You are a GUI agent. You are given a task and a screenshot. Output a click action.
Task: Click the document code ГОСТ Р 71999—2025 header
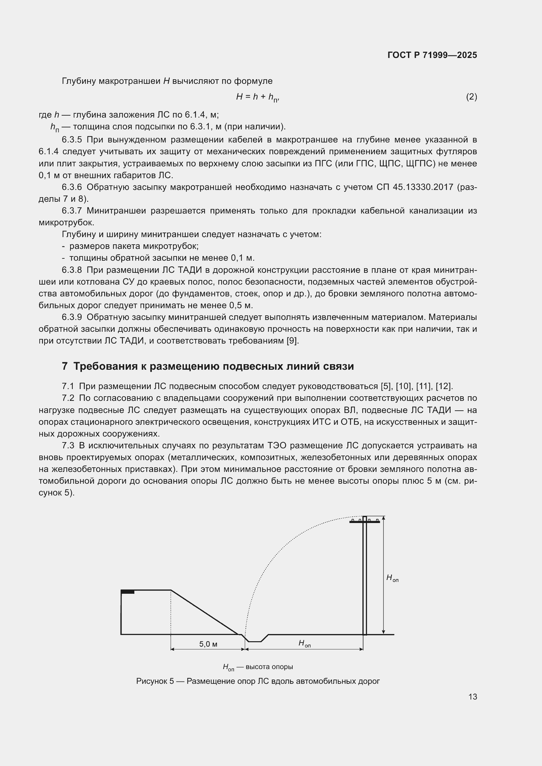click(432, 55)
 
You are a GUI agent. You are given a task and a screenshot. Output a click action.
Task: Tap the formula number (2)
click(471, 97)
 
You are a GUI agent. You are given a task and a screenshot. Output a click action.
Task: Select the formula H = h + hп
click(257, 97)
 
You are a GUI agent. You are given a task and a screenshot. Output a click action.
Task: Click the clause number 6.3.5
click(72, 140)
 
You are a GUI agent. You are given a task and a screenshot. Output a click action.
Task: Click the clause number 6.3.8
click(72, 270)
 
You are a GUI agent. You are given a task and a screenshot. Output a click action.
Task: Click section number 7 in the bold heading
click(65, 366)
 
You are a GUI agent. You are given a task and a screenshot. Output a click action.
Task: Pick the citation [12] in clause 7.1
click(444, 386)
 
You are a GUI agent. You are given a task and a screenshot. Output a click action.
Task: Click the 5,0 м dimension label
click(208, 644)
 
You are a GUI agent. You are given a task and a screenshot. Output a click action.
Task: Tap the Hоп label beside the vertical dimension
click(392, 578)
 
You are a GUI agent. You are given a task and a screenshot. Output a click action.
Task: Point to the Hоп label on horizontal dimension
click(304, 643)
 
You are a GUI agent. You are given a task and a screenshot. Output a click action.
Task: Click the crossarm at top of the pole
click(364, 522)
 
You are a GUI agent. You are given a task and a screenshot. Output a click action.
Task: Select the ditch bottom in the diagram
click(255, 641)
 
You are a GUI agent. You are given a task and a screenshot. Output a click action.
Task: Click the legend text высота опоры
click(269, 667)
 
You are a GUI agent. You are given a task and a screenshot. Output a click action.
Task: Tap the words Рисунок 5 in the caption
click(155, 681)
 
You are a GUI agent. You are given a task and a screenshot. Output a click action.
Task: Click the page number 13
click(473, 697)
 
